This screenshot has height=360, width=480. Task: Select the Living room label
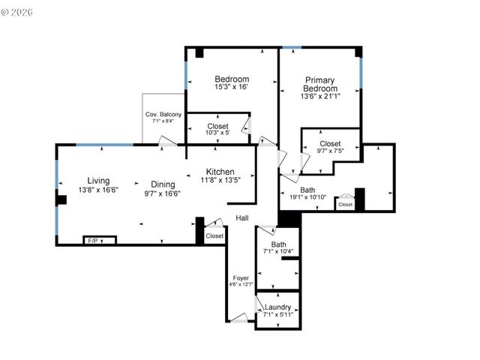(x=98, y=181)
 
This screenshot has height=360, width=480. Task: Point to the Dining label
(x=163, y=184)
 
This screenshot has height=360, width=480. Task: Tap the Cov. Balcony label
(x=163, y=114)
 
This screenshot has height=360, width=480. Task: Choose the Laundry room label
(x=277, y=307)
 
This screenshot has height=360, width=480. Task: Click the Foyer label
(x=240, y=277)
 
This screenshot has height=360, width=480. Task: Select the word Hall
(x=242, y=218)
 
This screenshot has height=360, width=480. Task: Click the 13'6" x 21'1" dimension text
(x=319, y=96)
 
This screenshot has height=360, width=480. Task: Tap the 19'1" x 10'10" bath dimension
(x=307, y=197)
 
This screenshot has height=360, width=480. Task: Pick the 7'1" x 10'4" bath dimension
(x=278, y=251)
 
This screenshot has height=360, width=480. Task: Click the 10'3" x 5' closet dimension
(x=217, y=133)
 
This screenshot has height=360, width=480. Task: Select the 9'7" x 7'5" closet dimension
(x=330, y=151)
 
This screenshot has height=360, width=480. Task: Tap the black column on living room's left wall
(x=61, y=199)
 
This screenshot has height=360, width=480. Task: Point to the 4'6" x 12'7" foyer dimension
(x=240, y=284)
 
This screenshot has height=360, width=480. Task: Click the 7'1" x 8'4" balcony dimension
(x=163, y=121)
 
